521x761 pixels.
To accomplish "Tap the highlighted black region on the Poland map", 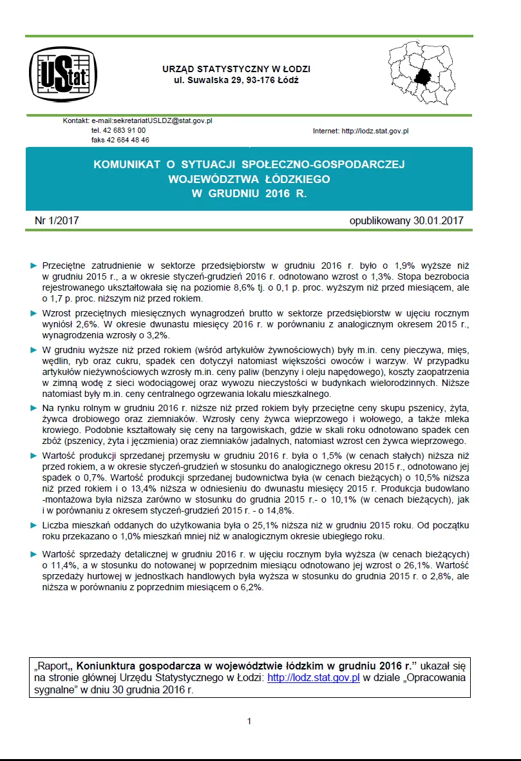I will pos(424,77).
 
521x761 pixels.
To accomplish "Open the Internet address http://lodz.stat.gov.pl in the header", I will pos(375,131).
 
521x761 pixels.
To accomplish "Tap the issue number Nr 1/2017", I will pos(57,221).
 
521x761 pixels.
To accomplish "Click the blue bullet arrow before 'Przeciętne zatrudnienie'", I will pos(33,265).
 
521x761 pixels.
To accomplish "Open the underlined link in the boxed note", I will pos(313,678).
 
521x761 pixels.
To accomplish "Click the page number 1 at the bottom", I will pos(249,721).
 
